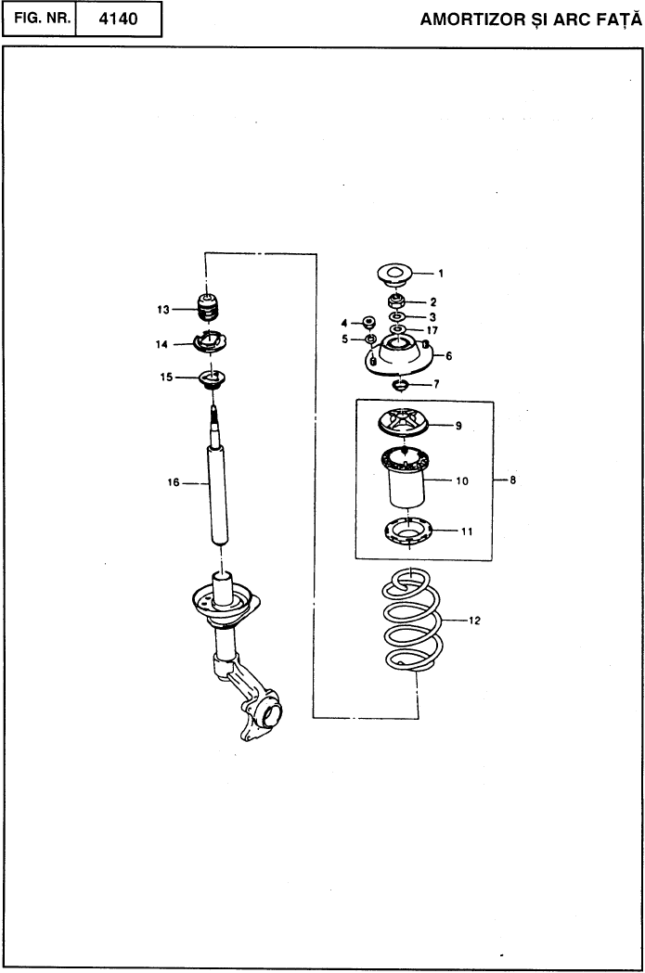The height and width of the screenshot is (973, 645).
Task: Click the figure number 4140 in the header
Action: [x=118, y=19]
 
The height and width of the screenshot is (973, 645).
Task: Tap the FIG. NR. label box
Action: [x=38, y=19]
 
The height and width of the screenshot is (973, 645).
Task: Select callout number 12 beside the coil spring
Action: [x=474, y=620]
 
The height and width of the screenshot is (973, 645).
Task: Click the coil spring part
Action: [x=411, y=620]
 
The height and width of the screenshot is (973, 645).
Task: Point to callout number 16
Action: [x=174, y=482]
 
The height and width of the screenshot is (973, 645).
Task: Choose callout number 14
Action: [x=161, y=344]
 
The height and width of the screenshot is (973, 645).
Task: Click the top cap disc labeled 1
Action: [x=395, y=275]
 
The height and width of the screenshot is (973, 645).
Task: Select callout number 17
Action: [x=432, y=330]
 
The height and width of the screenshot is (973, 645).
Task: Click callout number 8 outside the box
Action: [x=513, y=480]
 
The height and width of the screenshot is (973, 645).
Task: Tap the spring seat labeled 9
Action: [x=402, y=424]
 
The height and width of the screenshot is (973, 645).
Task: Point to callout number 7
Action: [x=436, y=384]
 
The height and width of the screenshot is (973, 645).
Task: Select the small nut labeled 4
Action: [x=368, y=322]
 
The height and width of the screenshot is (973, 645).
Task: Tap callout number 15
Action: [x=166, y=377]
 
